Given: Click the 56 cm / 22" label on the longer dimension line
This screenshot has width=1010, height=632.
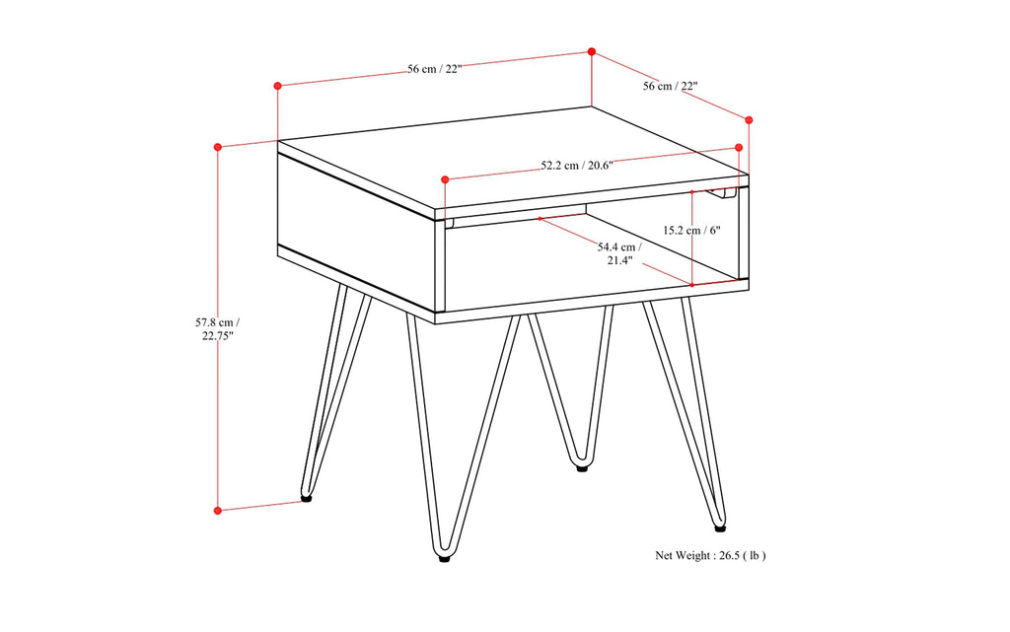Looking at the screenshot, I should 435,69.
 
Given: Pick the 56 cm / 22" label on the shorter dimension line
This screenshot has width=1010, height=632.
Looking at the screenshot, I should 671,86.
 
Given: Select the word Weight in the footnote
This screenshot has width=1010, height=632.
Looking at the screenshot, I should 695,555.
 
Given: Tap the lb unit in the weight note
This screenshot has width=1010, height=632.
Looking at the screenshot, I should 755,555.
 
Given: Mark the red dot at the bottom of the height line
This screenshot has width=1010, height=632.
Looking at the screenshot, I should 217,510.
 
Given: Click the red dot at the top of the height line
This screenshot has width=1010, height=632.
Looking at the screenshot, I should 217,147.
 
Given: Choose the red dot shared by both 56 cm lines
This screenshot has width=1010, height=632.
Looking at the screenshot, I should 592,51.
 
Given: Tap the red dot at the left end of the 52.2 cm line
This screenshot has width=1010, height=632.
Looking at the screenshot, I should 445,179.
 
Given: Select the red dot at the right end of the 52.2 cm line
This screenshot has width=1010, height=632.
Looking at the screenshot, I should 739,148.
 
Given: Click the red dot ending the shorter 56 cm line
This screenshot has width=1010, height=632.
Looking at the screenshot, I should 749,119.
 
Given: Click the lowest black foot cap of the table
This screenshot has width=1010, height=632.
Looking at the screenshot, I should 446,558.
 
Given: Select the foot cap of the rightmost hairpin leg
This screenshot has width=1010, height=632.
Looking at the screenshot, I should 720,527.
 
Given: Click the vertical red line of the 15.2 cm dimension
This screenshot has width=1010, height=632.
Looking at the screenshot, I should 692,237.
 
